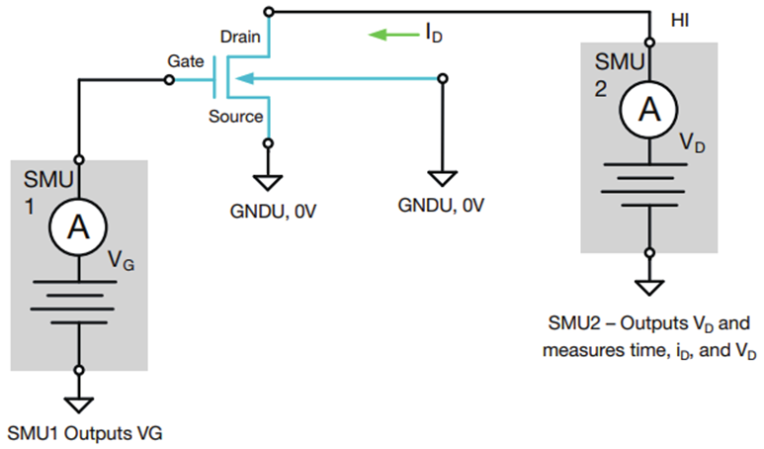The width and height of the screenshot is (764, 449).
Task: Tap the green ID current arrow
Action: coord(393,35)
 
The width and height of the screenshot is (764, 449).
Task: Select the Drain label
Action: coord(240,37)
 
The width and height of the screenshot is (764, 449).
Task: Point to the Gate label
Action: coord(186,61)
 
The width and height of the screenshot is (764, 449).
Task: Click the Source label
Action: coord(236,117)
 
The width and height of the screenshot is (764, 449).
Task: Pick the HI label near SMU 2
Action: coord(680,21)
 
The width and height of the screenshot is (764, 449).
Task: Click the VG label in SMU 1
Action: coord(121,261)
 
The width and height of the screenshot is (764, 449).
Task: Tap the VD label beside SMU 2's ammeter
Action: coord(693,142)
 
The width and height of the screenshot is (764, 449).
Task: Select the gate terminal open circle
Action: coord(169,79)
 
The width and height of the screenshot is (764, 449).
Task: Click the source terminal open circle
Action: coord(268,143)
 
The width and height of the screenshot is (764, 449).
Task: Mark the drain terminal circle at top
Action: coord(269,11)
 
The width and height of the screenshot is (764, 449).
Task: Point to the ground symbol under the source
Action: coord(268,183)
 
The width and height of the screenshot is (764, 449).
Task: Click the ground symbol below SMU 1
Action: coord(79,405)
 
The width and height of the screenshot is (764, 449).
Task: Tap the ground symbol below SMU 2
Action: coord(649,288)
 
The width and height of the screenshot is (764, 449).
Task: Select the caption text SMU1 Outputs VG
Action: coord(85,433)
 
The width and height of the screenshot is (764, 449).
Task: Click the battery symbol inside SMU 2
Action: coord(643,185)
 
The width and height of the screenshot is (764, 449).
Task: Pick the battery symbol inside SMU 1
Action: coord(73,303)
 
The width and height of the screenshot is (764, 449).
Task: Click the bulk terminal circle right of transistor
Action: coord(443,78)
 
